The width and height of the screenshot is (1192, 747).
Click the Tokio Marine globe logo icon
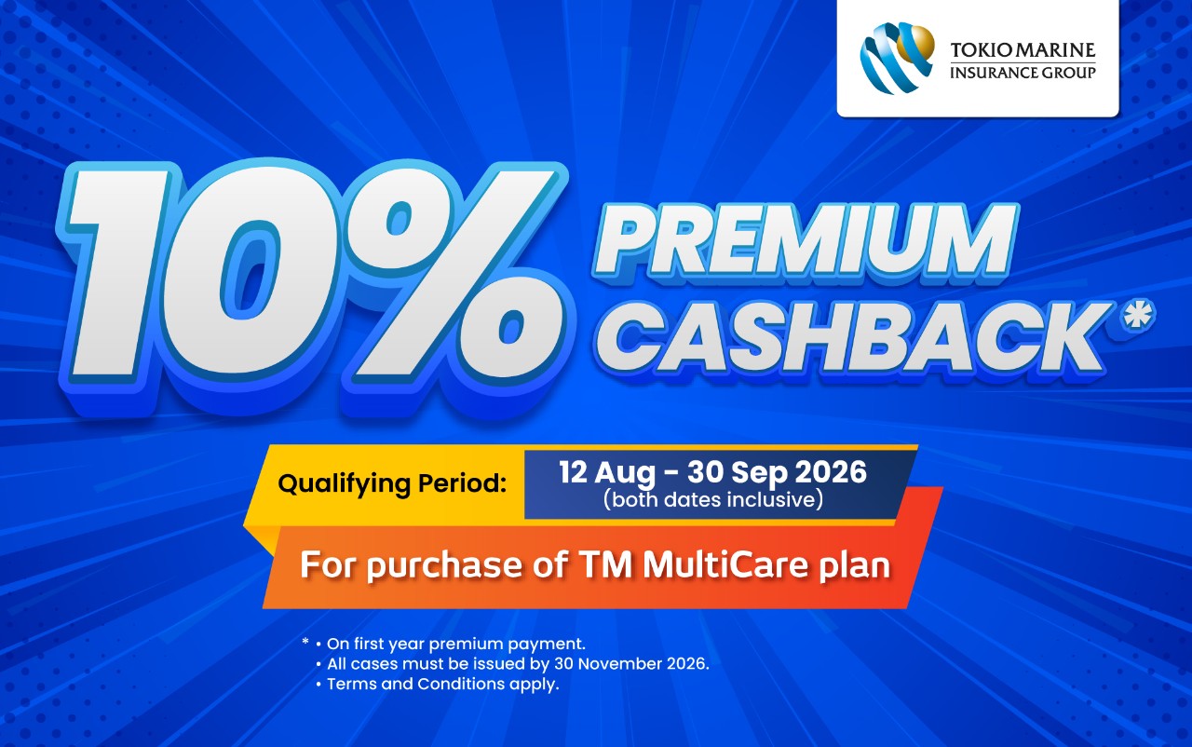tap(897, 57)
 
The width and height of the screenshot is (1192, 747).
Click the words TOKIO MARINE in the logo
tap(1023, 50)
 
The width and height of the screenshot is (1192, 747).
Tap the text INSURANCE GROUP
tap(1023, 73)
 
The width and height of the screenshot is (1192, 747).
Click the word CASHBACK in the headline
tap(851, 338)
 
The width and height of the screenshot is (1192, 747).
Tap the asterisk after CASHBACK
tap(1137, 315)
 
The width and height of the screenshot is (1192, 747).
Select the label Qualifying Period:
tap(392, 484)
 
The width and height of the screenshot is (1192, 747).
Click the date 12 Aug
tap(607, 472)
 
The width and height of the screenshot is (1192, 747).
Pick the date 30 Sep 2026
tap(777, 472)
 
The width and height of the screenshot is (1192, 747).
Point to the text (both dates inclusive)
tap(713, 499)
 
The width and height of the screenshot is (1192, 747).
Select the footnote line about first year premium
tap(456, 645)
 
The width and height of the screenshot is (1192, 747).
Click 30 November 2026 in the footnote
tap(630, 664)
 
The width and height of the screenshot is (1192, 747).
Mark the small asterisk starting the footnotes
tap(305, 642)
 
